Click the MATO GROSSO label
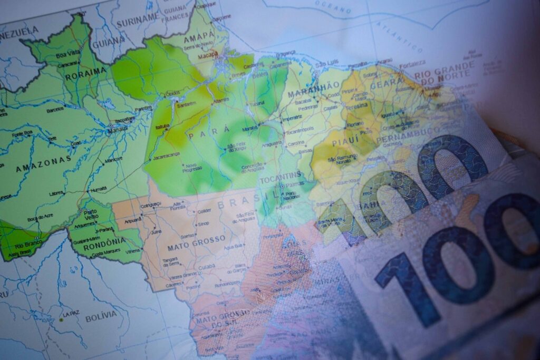(x=189, y=246)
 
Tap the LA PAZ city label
(x=71, y=314)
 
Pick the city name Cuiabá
(x=206, y=267)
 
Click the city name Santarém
(x=186, y=104)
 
